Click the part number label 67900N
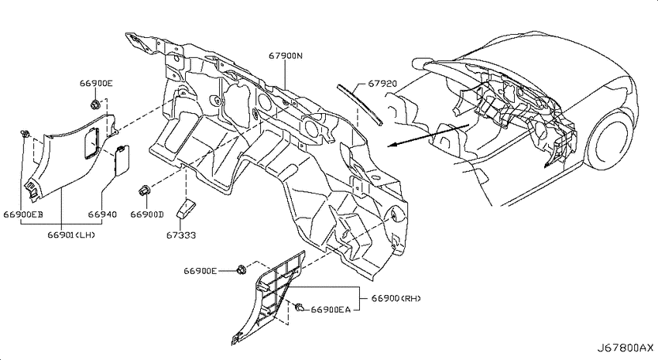(x=286, y=56)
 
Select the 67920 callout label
(x=382, y=84)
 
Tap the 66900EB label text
(x=23, y=214)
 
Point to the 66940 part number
(x=102, y=214)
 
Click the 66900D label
(x=147, y=214)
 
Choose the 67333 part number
(x=181, y=235)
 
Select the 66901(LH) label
(x=71, y=235)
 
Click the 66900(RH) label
(x=396, y=298)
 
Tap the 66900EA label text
(x=331, y=310)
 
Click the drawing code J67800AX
(x=625, y=348)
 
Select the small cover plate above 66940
(x=122, y=159)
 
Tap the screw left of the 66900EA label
(x=300, y=308)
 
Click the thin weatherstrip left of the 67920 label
(x=360, y=105)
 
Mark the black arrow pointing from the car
(x=428, y=135)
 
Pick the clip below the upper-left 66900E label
(x=95, y=104)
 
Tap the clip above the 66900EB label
(x=26, y=134)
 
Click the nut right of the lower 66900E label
(x=241, y=270)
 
